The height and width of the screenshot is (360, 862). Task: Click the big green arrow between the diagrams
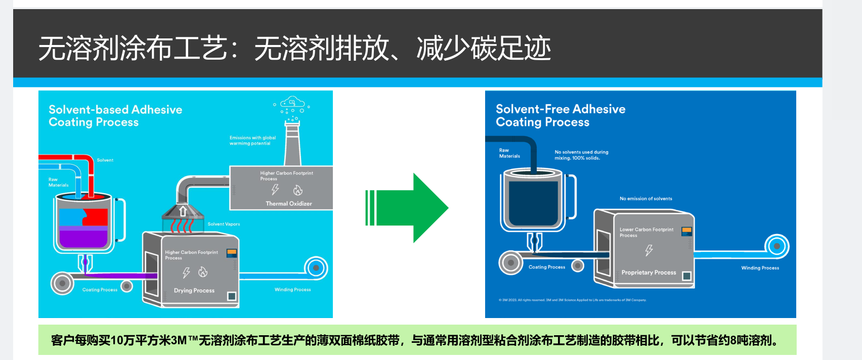click(410, 208)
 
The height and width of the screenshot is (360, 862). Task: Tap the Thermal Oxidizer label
click(289, 204)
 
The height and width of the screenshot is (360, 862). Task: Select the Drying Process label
click(194, 291)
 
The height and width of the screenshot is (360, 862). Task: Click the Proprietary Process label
click(649, 273)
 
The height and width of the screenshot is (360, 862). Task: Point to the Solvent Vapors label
click(224, 224)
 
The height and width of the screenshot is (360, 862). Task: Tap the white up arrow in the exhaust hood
click(183, 211)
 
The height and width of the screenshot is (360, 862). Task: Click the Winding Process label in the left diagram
click(292, 290)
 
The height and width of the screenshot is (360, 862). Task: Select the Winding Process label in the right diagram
click(760, 268)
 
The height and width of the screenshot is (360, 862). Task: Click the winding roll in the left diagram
click(316, 268)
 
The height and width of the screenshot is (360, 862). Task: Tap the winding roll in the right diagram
click(777, 246)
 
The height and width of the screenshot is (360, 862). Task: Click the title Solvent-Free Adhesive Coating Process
click(561, 116)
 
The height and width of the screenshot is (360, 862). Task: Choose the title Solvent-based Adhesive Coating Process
click(115, 116)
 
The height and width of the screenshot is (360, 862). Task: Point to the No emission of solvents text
click(645, 199)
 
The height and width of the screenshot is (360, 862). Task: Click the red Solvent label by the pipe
click(105, 160)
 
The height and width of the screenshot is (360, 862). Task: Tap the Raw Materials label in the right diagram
click(509, 153)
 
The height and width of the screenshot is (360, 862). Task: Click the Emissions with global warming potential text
click(252, 141)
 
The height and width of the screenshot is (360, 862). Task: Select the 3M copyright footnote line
click(572, 300)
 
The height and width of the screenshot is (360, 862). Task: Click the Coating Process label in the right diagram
click(546, 267)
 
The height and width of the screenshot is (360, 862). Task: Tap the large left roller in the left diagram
click(62, 283)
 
